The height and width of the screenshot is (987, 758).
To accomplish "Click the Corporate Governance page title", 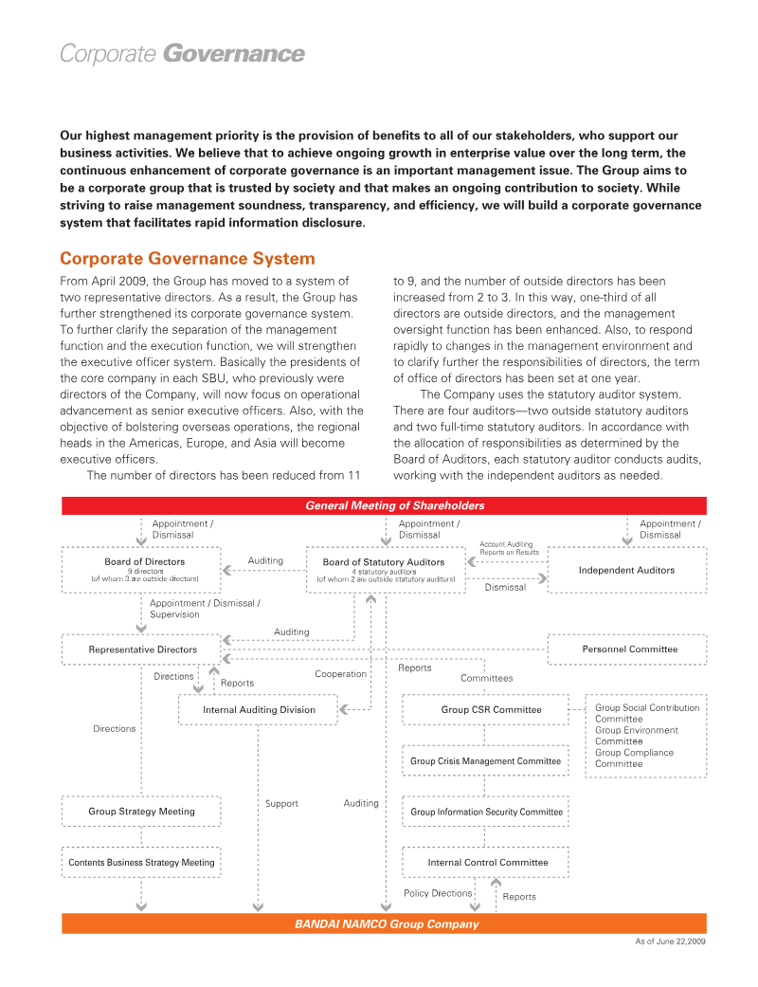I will pos(182,54).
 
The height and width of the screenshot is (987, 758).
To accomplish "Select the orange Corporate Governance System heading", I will pos(187,259).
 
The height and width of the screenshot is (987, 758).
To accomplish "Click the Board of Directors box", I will pos(142,569).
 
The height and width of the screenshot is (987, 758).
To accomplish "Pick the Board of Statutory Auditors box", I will pos(384,569).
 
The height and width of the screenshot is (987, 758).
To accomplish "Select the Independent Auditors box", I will pos(626,570).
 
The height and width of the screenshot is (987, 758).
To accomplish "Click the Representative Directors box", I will pos(142,649).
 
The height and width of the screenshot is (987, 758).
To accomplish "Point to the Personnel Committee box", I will pos(628,649).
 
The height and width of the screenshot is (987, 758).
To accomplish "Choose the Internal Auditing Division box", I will pos(259,709).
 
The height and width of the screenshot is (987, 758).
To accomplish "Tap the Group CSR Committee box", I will pos(486,709).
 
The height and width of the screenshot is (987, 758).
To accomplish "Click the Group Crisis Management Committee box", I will pos(485,760).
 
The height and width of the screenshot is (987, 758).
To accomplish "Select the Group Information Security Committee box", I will pos(486,812).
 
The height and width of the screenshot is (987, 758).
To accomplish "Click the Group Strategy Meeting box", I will pos(141,812).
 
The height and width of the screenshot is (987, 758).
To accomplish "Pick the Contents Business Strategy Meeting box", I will pos(141,863).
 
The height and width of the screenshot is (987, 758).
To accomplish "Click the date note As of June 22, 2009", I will pos(670,941).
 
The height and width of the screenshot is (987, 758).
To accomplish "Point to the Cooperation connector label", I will pos(340,674).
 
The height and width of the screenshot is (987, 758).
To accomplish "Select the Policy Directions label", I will pos(437,893).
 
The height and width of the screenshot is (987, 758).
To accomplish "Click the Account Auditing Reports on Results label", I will pos(509,548).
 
